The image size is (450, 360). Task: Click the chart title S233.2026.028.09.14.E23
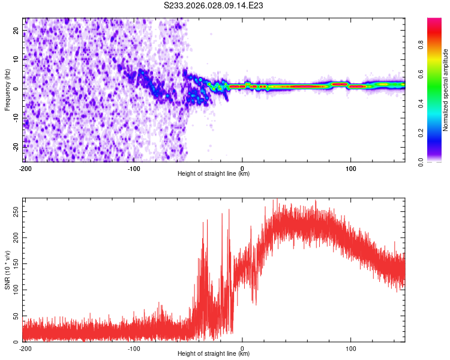click(x=214, y=5)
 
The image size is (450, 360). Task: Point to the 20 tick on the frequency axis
click(x=16, y=29)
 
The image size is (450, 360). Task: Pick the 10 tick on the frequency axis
click(x=16, y=59)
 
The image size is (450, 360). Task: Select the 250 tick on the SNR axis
click(x=13, y=212)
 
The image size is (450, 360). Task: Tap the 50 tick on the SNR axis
click(x=15, y=316)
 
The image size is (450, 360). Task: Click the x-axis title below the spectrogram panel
click(x=214, y=174)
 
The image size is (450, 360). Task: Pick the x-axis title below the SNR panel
click(x=214, y=353)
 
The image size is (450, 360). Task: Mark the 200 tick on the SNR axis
click(x=13, y=238)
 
